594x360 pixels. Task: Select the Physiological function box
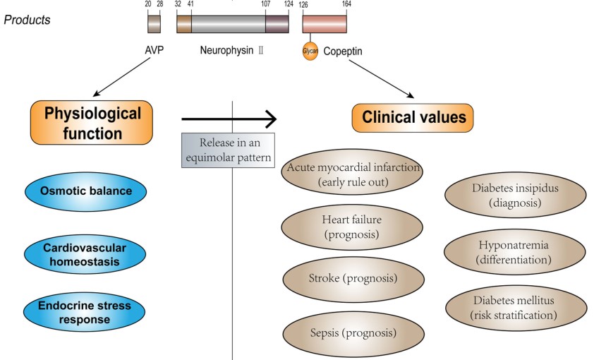click(x=92, y=122)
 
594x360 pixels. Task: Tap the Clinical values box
click(x=413, y=117)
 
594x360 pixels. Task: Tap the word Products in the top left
click(x=28, y=20)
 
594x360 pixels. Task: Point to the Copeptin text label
click(x=344, y=52)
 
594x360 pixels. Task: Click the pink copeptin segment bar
click(x=325, y=24)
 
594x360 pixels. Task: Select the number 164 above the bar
click(x=346, y=4)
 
